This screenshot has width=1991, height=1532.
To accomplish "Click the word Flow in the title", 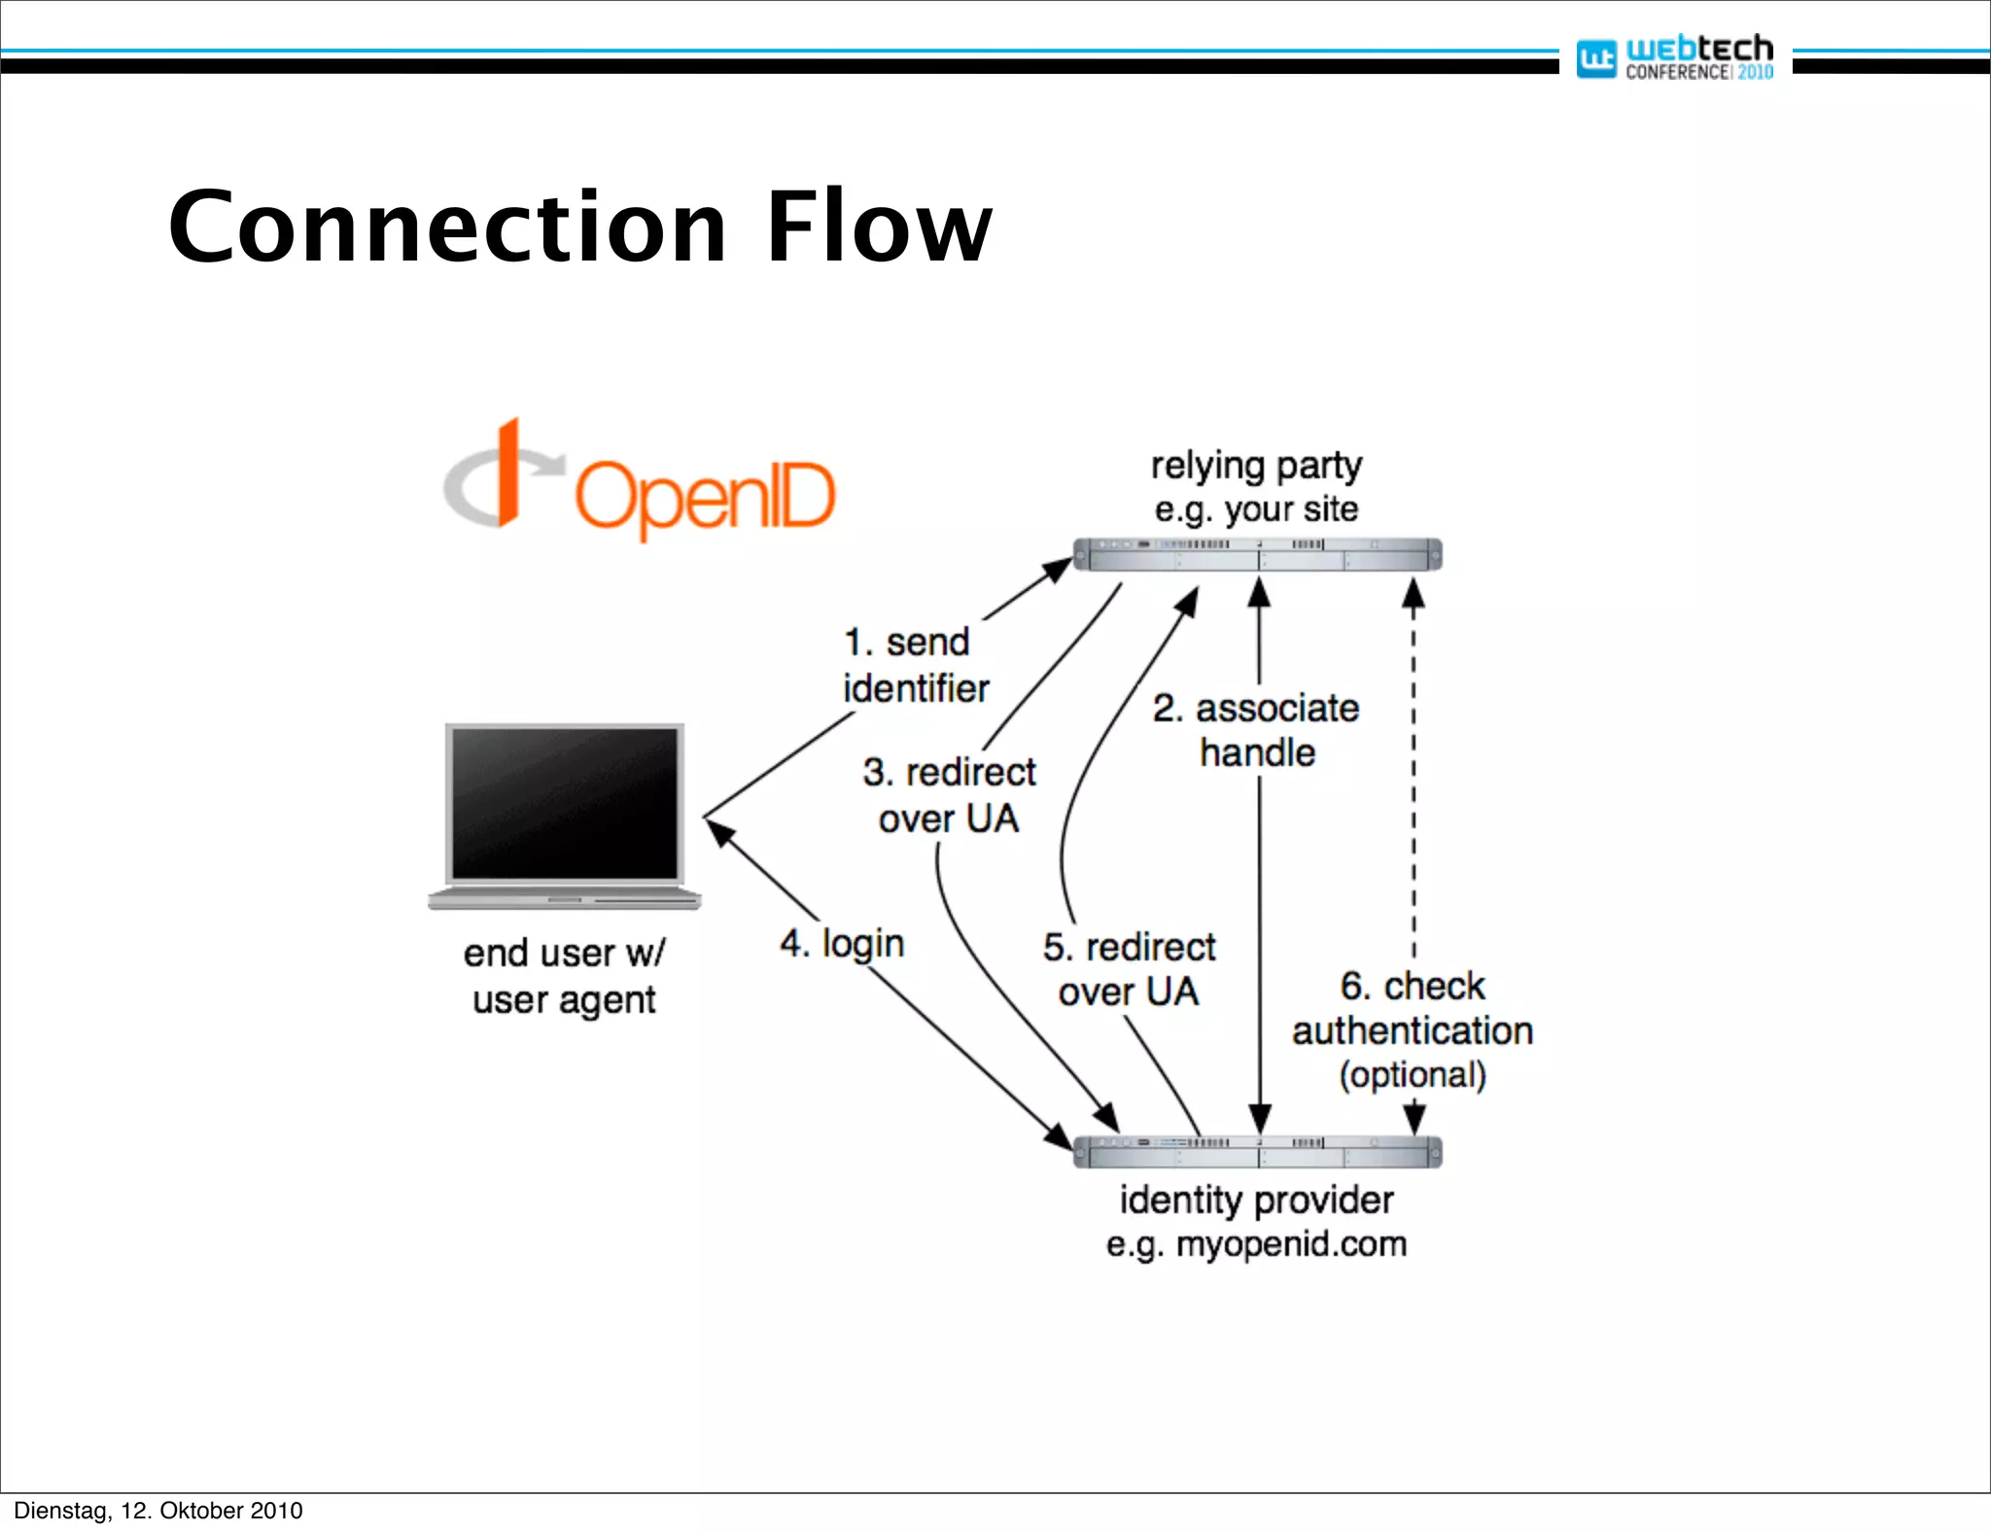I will [879, 227].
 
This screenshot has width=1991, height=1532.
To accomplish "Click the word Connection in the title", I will [447, 227].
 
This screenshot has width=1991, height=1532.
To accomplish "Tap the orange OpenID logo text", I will [706, 496].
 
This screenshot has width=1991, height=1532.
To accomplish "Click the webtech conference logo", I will [1675, 57].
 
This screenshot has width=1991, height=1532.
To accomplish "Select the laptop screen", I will [565, 803].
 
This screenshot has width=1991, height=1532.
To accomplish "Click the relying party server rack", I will [1257, 555].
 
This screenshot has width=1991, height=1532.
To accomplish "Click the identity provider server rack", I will [1257, 1153].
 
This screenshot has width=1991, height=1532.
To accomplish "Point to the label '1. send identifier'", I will [914, 665].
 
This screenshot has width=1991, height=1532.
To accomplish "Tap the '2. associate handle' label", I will [1256, 730].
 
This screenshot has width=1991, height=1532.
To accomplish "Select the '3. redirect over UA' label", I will [949, 795].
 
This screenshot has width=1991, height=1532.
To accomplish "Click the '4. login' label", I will [842, 944].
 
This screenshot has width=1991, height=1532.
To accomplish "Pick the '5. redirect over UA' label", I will [1129, 969].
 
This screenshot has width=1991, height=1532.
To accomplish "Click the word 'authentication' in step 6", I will [1412, 1030].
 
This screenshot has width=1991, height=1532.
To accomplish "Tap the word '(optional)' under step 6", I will [1412, 1075].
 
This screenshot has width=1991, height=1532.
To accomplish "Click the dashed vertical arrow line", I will [1414, 778].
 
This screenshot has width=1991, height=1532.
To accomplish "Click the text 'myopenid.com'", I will [1291, 1244].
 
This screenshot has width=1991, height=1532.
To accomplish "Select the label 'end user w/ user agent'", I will [564, 976].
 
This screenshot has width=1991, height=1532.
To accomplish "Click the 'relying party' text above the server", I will [1256, 466].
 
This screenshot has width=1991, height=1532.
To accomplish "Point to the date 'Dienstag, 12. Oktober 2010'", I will [158, 1511].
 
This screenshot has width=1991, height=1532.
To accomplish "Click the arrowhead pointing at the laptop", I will [717, 831].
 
